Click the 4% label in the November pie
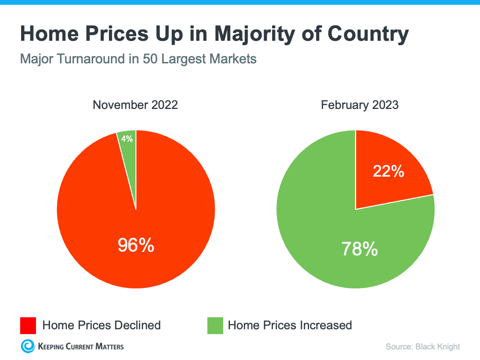(127, 139)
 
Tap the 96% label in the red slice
(136, 245)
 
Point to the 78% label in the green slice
(360, 249)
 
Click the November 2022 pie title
(135, 105)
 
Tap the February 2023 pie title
(360, 105)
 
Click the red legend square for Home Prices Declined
(27, 325)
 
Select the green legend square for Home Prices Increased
(215, 325)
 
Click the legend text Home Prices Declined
(101, 325)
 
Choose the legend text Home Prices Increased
(289, 325)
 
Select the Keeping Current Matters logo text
(80, 346)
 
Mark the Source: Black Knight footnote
(422, 347)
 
